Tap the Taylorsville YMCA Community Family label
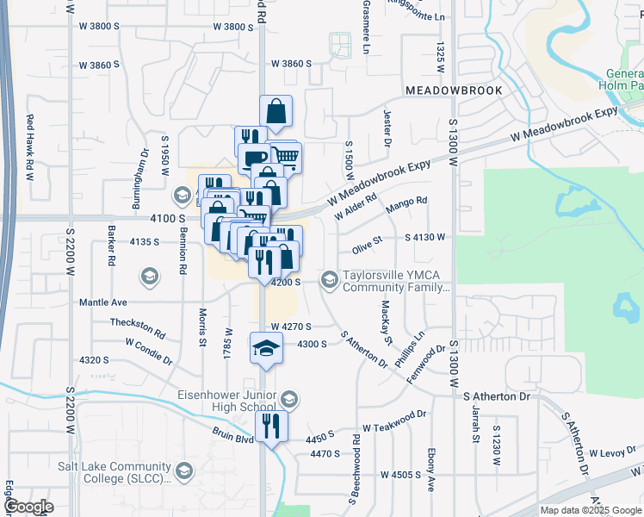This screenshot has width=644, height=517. pyautogui.click(x=396, y=282)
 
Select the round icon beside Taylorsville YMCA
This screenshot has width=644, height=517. pyautogui.click(x=329, y=278)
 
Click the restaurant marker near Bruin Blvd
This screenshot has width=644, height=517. pyautogui.click(x=271, y=425)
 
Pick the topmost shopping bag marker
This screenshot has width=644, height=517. pyautogui.click(x=276, y=110)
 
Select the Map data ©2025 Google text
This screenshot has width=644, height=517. pyautogui.click(x=590, y=510)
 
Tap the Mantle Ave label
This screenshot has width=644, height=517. pyautogui.click(x=103, y=302)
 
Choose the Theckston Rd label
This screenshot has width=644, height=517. pyautogui.click(x=138, y=327)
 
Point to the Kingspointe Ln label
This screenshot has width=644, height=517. pyautogui.click(x=418, y=16)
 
